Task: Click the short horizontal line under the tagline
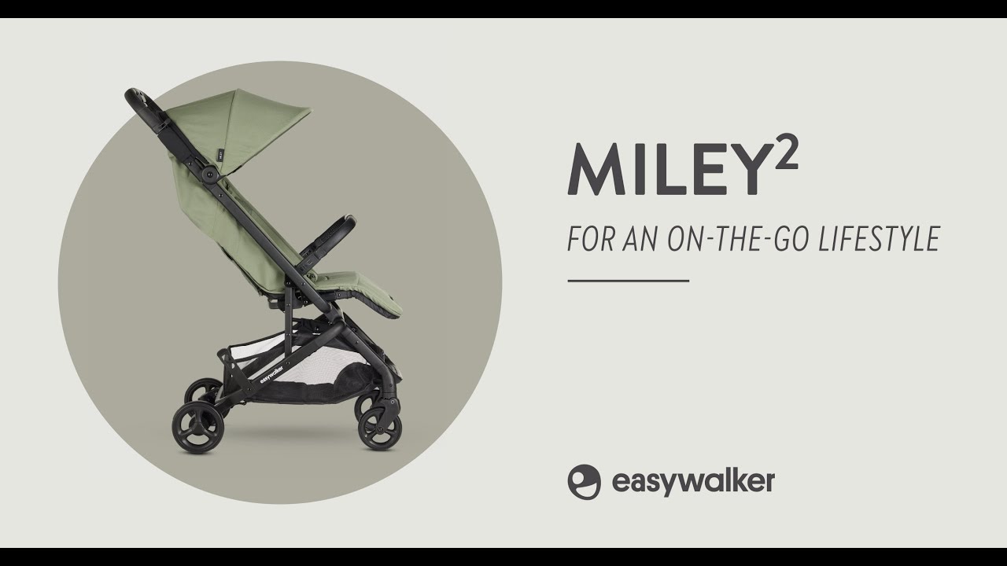[x=628, y=280]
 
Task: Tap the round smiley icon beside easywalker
[x=584, y=481]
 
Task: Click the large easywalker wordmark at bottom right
[x=692, y=481]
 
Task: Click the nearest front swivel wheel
[x=380, y=428]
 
